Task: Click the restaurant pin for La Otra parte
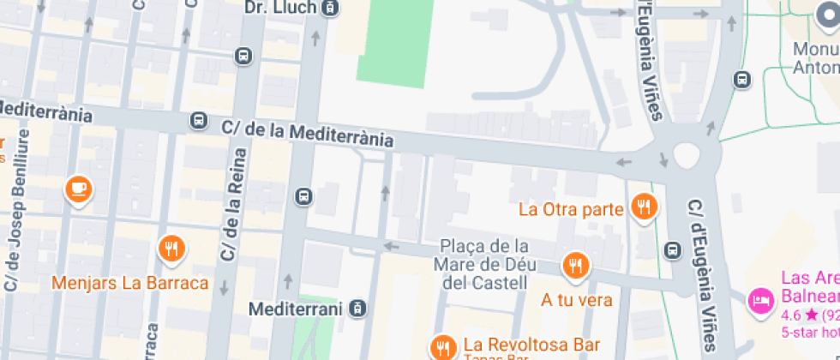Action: [643, 206]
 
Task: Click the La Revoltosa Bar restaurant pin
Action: [442, 347]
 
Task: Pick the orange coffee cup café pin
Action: [80, 188]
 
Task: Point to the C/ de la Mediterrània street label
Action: [308, 133]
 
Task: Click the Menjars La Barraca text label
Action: [130, 283]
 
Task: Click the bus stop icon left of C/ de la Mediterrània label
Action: [198, 120]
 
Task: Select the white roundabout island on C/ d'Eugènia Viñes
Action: [687, 155]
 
